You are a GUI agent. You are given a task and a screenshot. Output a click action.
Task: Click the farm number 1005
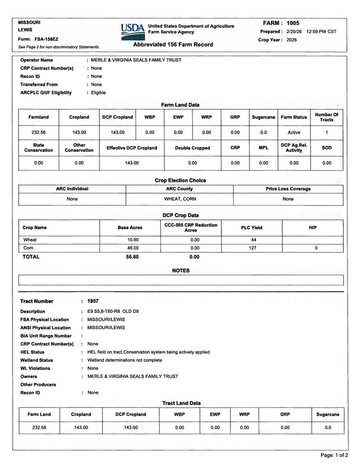293,23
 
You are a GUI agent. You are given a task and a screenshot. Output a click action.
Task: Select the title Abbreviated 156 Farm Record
173,44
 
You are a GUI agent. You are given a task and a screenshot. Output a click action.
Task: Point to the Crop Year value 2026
291,40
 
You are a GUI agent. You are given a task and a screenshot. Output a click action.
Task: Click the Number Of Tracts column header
326,117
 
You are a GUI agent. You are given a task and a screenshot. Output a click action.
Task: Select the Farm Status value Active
294,132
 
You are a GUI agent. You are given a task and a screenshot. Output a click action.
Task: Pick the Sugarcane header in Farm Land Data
263,117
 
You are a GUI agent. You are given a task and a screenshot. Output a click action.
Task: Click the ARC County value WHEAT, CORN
180,199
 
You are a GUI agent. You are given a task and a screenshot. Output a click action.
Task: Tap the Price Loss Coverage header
288,189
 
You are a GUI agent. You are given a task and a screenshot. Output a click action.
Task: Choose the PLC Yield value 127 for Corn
253,248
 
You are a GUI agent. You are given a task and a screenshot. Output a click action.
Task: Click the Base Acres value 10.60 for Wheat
133,239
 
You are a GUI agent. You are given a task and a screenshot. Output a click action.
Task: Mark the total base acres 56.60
133,256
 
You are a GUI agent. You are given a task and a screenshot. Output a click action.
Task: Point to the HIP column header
313,227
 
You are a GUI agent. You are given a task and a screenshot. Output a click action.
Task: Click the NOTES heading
181,271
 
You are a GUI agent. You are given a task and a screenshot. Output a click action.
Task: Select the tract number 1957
93,301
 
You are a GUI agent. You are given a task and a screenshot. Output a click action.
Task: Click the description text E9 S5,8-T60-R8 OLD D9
113,311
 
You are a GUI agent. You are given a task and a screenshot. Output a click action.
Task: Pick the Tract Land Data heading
181,403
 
